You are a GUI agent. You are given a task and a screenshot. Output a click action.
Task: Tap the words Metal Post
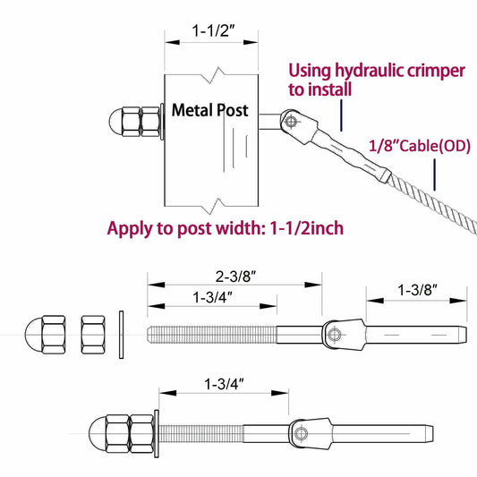point(210,111)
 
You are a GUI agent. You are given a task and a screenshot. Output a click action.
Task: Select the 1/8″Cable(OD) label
point(418,144)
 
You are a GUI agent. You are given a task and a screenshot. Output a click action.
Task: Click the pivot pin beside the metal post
point(287,116)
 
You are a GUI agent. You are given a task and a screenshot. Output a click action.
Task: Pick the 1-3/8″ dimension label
point(415,290)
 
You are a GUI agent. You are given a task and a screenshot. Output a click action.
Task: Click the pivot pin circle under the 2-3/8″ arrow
point(334,335)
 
